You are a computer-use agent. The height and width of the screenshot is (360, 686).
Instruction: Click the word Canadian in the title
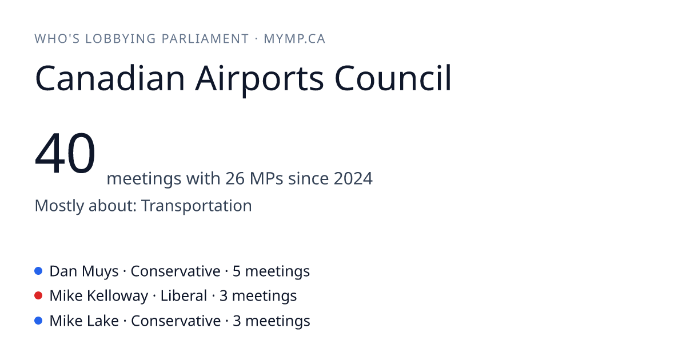click(x=110, y=78)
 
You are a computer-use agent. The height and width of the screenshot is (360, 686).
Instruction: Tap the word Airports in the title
click(x=260, y=80)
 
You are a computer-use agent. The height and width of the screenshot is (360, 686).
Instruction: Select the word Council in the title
click(x=393, y=78)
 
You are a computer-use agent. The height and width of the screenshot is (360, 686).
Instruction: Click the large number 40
click(x=65, y=153)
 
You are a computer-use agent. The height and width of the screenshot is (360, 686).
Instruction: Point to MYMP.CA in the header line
click(x=294, y=39)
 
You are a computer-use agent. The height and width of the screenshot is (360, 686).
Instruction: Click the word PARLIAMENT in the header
click(x=205, y=39)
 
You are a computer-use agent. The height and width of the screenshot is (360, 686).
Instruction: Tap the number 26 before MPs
click(x=235, y=178)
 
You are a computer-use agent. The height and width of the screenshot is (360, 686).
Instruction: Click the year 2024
click(x=353, y=178)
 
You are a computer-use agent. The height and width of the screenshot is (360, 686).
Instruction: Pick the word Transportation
click(x=196, y=205)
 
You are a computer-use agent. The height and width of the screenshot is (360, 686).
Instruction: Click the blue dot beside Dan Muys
click(x=38, y=271)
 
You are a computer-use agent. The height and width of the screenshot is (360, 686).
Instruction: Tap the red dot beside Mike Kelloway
click(x=38, y=295)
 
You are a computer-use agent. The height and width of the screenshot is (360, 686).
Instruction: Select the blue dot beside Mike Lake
click(x=38, y=321)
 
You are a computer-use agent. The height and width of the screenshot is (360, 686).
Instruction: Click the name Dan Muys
click(x=84, y=271)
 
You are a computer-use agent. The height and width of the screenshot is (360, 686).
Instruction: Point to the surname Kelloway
click(x=118, y=296)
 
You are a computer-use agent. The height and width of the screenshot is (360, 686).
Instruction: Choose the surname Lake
click(x=103, y=321)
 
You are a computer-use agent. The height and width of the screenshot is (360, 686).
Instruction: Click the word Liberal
click(x=184, y=295)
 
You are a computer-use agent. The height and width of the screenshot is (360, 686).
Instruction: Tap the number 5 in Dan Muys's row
click(x=237, y=271)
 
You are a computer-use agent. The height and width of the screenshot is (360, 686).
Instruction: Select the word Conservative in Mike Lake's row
click(x=176, y=321)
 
